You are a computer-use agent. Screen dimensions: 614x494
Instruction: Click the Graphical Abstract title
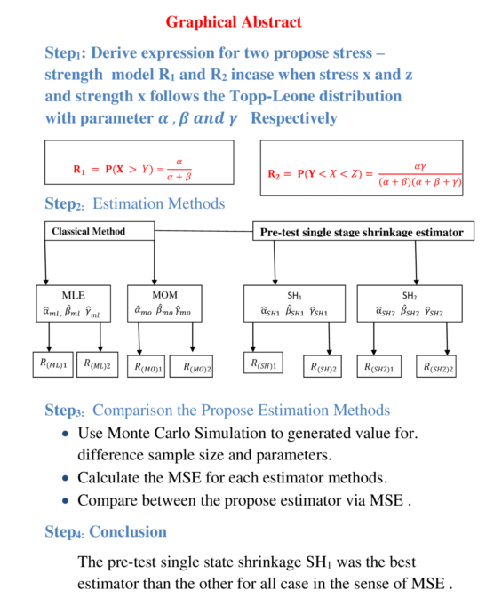coord(234,21)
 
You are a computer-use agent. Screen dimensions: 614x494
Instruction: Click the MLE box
coord(75,304)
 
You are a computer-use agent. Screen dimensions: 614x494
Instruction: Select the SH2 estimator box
coord(409,304)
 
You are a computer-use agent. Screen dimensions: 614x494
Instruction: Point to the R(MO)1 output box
coord(148,366)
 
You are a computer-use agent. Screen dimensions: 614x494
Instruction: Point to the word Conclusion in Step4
coord(128,532)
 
